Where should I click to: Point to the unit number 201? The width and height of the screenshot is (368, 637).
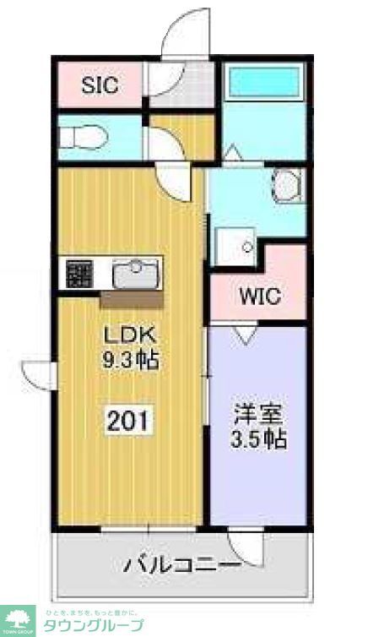[129, 418]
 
